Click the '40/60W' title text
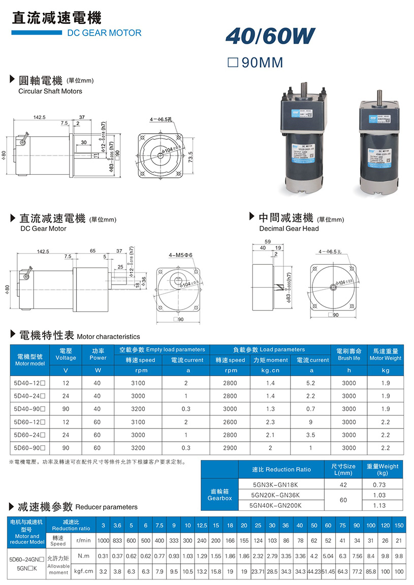[270, 36]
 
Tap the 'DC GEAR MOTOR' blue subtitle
[104, 33]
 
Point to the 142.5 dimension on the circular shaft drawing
[40, 117]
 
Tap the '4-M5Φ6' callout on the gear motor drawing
[181, 255]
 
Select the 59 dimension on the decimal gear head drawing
[268, 241]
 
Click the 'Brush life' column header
[348, 358]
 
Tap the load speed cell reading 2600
[230, 422]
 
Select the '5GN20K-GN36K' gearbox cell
[276, 495]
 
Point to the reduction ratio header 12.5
[202, 525]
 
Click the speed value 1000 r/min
[104, 540]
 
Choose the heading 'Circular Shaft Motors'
[50, 91]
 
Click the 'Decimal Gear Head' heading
[289, 229]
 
